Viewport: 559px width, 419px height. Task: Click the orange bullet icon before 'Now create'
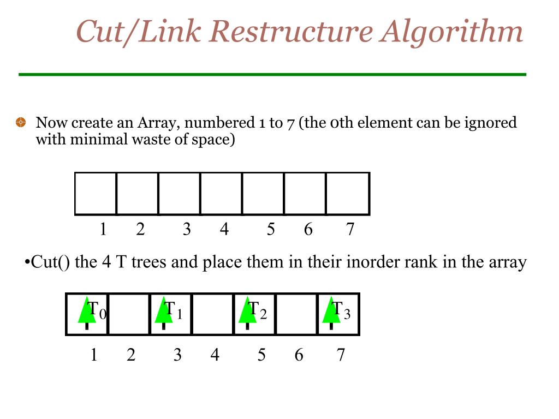(21, 123)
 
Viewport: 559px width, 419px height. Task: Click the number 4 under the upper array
(224, 230)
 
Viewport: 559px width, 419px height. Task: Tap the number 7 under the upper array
(350, 230)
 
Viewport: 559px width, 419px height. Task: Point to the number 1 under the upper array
(103, 230)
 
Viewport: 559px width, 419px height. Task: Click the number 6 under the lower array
(299, 355)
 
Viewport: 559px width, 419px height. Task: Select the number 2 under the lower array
(131, 355)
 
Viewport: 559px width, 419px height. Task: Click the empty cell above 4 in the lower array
(212, 314)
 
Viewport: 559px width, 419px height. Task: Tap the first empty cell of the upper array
(96, 193)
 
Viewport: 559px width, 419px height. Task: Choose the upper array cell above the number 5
(263, 193)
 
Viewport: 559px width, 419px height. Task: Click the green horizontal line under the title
(272, 74)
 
